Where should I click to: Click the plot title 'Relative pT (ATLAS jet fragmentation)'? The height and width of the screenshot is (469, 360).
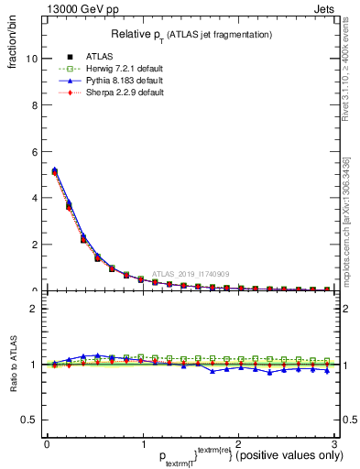point(191,34)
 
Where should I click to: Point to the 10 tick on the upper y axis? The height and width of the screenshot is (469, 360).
point(30,58)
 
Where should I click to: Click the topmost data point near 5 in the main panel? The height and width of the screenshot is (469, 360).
point(54,170)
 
